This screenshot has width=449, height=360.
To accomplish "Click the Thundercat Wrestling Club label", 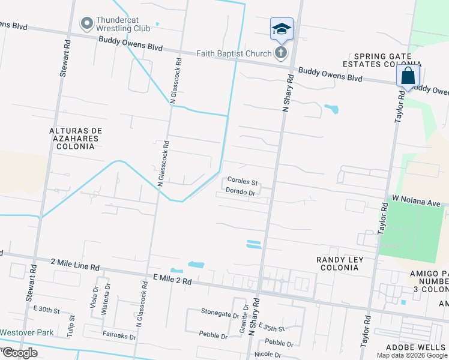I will (125, 24).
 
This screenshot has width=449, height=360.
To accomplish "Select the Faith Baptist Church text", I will (234, 54).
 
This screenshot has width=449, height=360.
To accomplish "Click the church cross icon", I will (280, 53).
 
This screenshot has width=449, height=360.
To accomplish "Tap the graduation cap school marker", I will (282, 28).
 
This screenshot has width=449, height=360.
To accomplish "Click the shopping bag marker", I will (408, 76).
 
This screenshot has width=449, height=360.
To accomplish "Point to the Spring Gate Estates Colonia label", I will (381, 59).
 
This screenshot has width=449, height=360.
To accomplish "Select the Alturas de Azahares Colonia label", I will (76, 138).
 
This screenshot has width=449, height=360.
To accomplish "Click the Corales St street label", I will (243, 182).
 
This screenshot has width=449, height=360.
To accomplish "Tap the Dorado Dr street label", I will (241, 192).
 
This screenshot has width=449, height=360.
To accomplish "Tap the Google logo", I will (20, 353).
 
